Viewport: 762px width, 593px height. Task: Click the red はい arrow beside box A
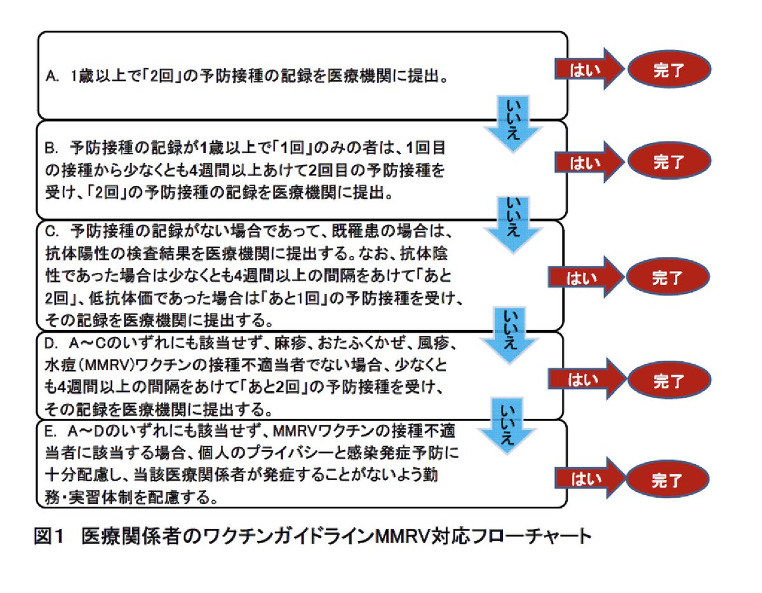pos(589,69)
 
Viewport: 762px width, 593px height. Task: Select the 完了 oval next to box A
pos(669,69)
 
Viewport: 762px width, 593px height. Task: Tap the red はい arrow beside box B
pos(589,162)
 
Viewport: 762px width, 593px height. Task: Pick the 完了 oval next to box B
pos(669,161)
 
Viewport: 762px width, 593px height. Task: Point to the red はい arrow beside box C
pos(585,277)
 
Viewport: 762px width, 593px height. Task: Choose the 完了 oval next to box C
pos(668,277)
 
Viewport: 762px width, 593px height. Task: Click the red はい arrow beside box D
pos(587,379)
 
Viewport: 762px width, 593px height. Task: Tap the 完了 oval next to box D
pos(669,380)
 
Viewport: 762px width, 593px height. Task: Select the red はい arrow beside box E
pos(590,477)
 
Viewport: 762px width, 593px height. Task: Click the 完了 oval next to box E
pos(667,479)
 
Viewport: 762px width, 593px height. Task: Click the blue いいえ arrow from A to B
pos(513,123)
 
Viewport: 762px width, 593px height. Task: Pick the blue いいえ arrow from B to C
pos(513,224)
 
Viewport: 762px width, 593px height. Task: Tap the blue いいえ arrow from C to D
pos(509,335)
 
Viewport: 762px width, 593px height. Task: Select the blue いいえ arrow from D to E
pos(507,426)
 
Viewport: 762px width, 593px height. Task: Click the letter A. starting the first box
pos(52,76)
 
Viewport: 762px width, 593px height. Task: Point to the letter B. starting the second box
pos(51,149)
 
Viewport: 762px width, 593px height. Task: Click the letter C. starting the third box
pos(51,232)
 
